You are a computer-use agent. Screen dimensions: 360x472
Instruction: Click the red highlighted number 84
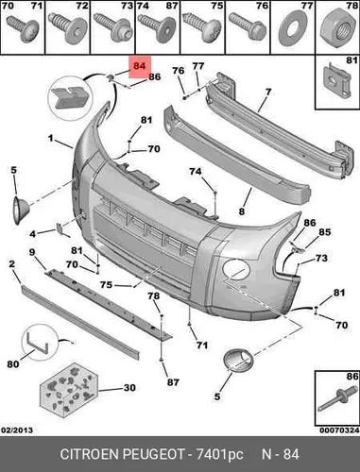click(x=139, y=66)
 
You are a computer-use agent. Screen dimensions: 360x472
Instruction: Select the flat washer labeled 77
click(x=292, y=30)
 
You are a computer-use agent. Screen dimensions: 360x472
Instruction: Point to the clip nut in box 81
click(x=336, y=80)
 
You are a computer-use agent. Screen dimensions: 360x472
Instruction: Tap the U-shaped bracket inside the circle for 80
click(x=37, y=344)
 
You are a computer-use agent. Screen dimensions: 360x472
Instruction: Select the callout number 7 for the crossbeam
click(x=268, y=92)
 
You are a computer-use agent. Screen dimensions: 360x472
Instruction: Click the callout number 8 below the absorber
click(x=242, y=211)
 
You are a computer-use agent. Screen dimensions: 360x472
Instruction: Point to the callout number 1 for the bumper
click(x=50, y=138)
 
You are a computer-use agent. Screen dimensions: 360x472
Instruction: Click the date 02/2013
click(x=17, y=430)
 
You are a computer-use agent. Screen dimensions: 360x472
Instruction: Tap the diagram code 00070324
click(x=339, y=430)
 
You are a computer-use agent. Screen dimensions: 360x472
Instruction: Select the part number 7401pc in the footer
click(x=220, y=455)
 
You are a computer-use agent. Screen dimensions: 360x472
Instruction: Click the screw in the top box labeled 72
click(x=68, y=29)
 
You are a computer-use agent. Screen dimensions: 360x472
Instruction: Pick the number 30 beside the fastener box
click(x=129, y=388)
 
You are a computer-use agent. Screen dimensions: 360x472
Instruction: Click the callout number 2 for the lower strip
click(x=11, y=263)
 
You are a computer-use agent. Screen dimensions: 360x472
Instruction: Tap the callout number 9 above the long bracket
click(x=32, y=252)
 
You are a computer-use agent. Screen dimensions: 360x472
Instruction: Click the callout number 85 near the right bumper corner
click(x=324, y=232)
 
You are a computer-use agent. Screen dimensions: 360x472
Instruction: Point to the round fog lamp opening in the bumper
click(x=236, y=269)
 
